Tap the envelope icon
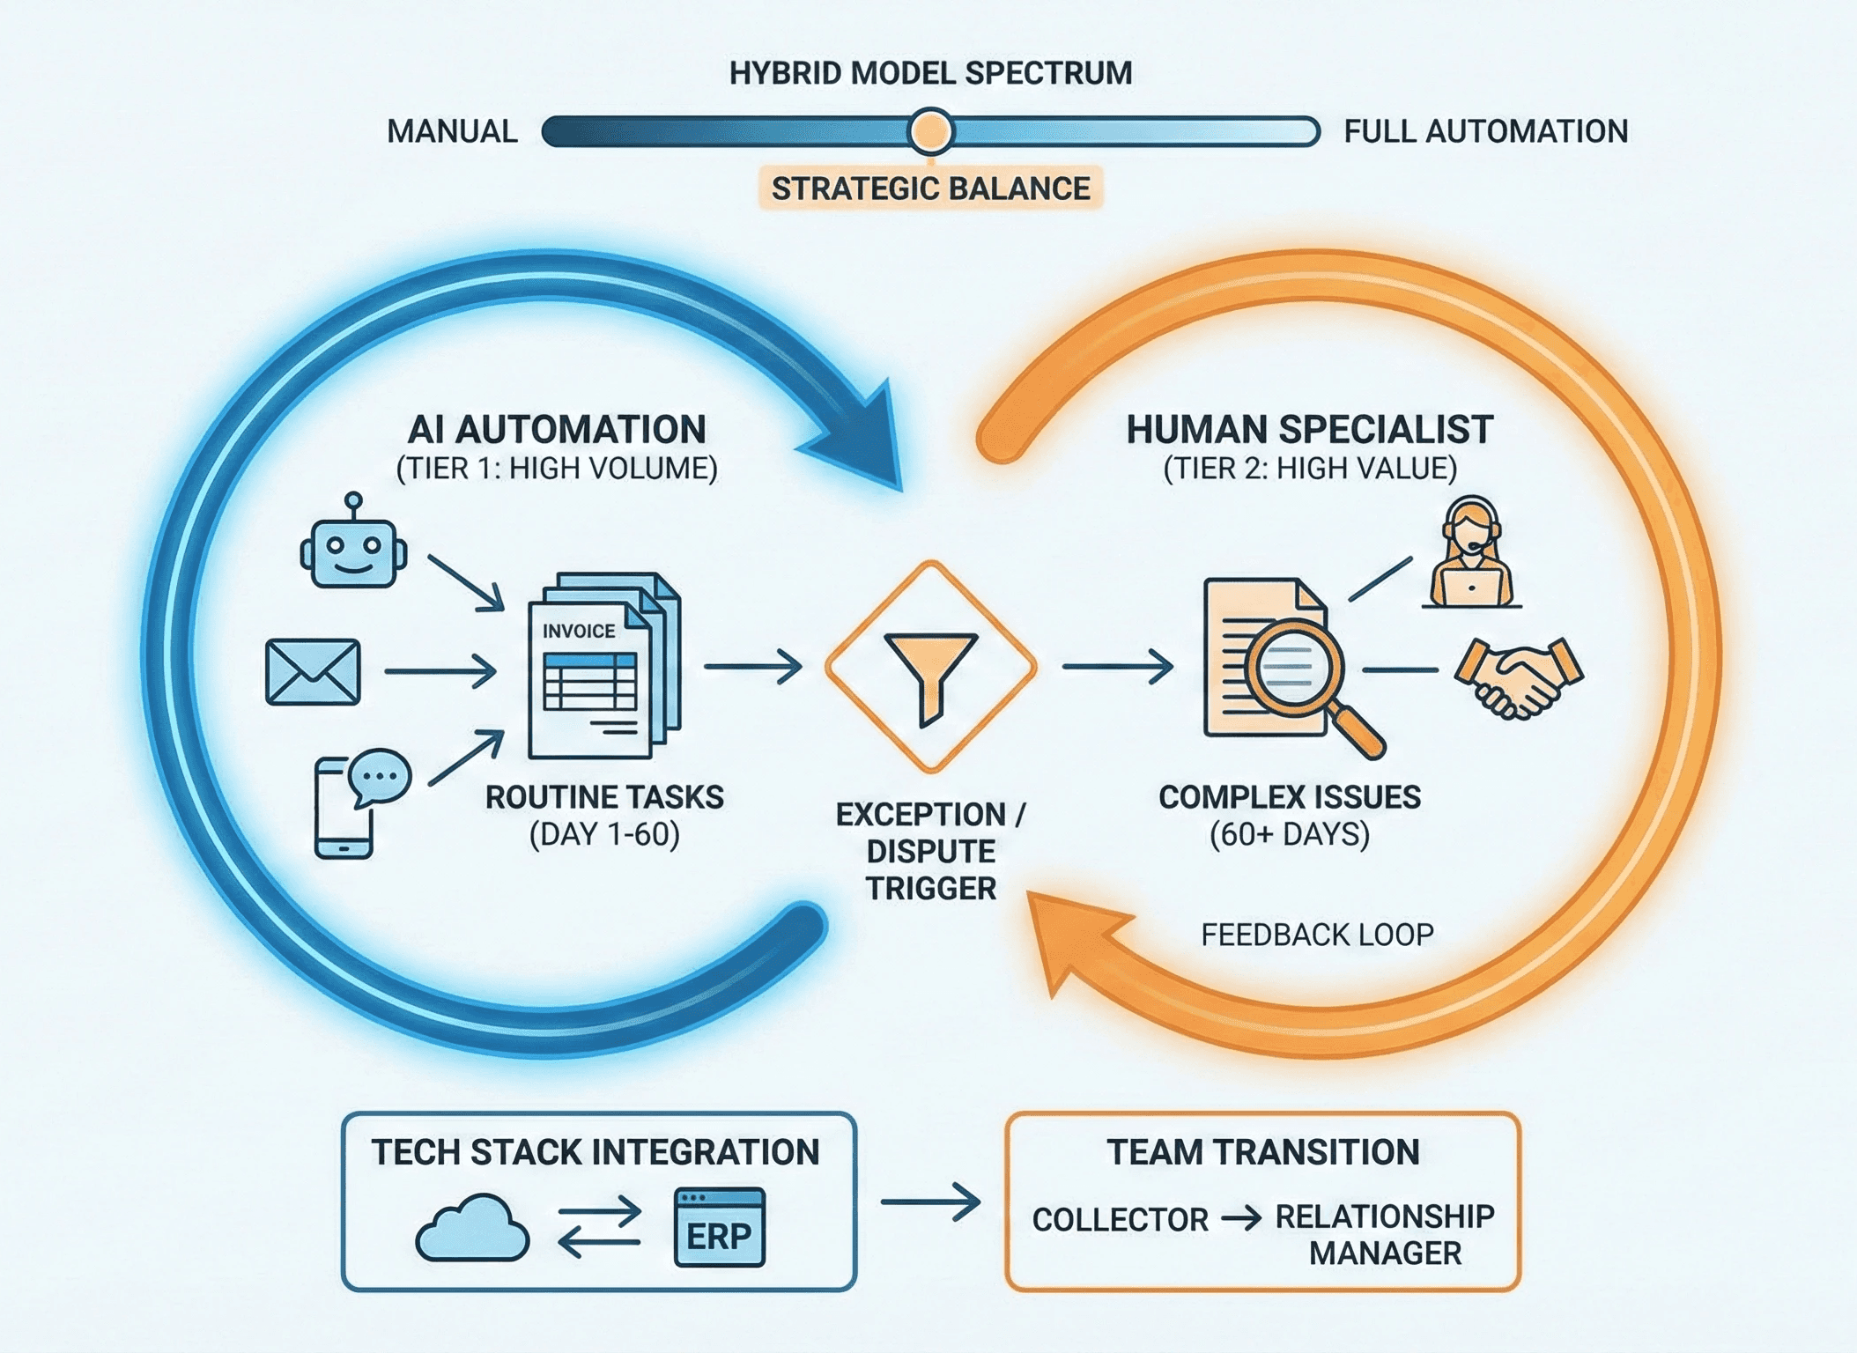click(313, 672)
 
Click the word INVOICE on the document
click(579, 632)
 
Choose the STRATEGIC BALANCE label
click(930, 189)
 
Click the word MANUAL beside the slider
click(452, 132)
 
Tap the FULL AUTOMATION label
click(1485, 132)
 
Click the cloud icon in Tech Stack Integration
click(472, 1228)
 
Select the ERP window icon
click(719, 1228)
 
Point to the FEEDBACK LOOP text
click(1317, 935)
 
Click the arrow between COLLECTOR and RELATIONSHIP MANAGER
click(1241, 1218)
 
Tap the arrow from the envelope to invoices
click(440, 671)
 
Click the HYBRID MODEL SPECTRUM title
click(930, 73)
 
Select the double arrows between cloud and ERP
click(600, 1226)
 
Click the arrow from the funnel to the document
click(1117, 667)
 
